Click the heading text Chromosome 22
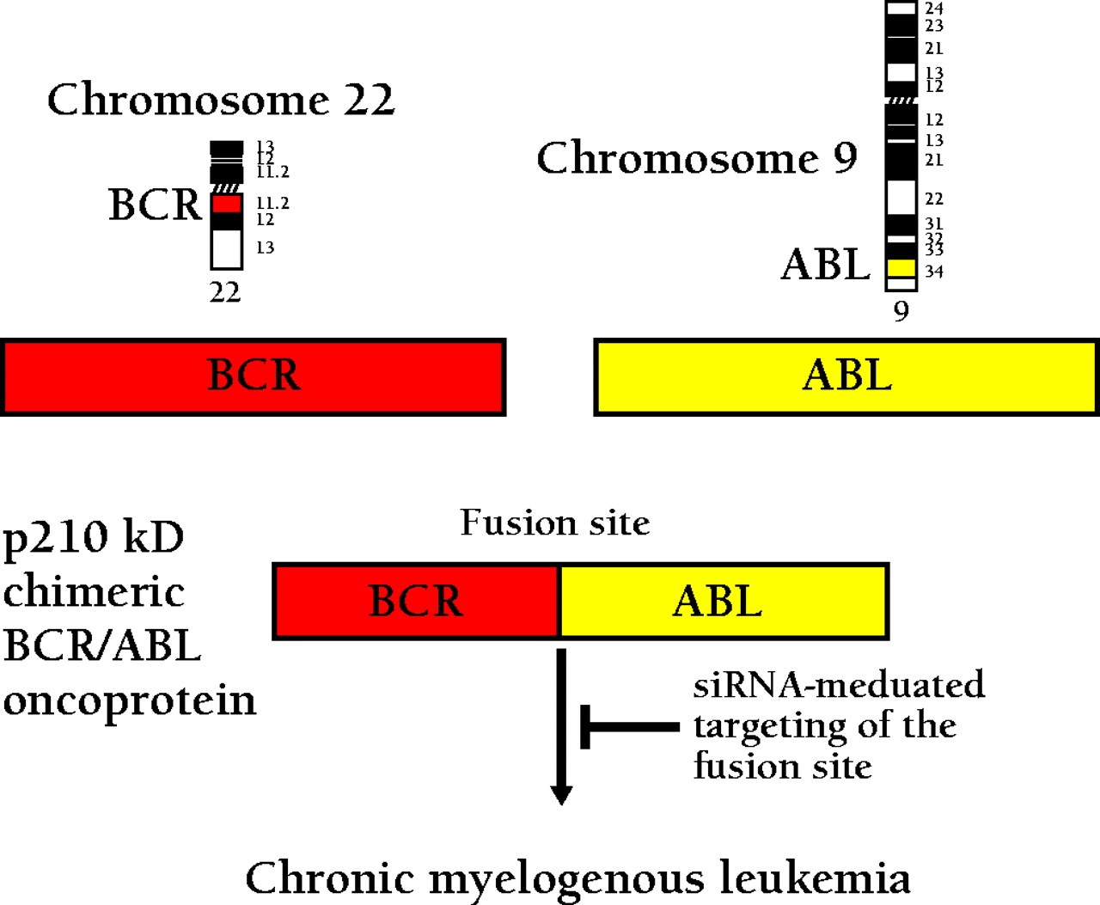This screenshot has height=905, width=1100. pos(221,100)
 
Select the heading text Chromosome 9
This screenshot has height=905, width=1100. pos(697,158)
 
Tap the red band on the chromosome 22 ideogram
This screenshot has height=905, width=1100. pos(227,204)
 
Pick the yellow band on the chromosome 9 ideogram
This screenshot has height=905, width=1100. pos(901,268)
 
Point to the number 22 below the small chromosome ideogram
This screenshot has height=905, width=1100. pos(225,292)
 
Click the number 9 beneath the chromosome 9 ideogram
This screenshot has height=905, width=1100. pos(901,310)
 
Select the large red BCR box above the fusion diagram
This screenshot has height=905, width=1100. pos(254,376)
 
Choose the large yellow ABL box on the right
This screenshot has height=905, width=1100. pos(846,376)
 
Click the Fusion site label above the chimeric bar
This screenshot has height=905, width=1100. pos(554,523)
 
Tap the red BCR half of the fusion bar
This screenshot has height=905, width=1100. pos(416,601)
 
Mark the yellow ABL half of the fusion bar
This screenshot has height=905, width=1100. pos(722,601)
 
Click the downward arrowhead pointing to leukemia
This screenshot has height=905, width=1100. pos(561,794)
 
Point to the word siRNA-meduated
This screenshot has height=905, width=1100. pos(839,685)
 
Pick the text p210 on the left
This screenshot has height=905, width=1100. pos(57,538)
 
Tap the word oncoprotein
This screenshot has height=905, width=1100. pos(130,700)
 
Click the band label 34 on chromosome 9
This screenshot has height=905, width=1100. pos(934,272)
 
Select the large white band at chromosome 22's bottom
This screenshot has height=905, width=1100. pos(227,249)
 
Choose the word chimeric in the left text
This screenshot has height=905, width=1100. pos(94,591)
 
